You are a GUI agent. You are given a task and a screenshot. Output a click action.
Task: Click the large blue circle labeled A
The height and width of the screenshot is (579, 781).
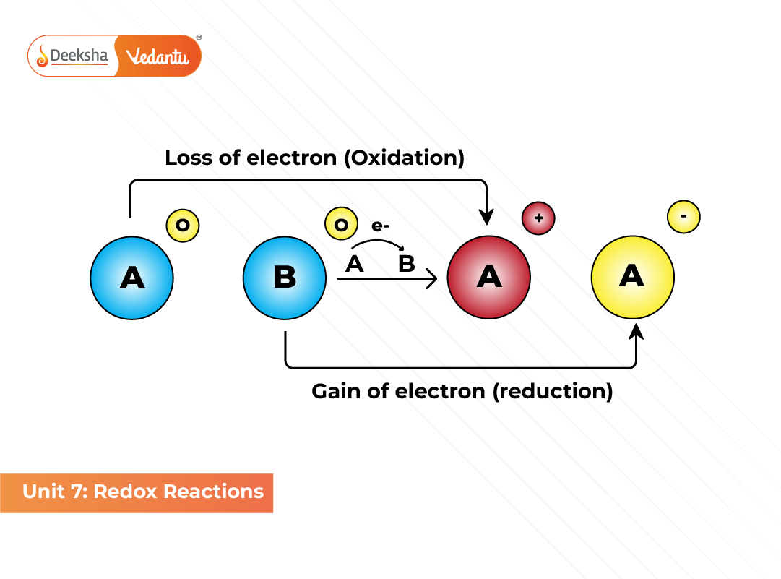pos(131,278)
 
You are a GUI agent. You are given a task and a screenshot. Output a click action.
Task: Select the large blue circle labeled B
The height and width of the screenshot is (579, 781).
pos(284,278)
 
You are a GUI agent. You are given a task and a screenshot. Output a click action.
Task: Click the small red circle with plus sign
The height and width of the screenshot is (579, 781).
pos(538,218)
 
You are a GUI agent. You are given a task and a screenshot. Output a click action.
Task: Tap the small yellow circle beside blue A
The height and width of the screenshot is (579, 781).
pos(183,226)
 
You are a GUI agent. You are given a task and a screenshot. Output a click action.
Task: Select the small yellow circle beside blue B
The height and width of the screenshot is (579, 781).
pos(341,226)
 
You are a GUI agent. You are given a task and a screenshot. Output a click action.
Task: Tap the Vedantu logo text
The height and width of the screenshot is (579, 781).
pos(157,56)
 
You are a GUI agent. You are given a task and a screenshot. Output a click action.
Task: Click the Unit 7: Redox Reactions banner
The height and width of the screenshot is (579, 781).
pos(137,492)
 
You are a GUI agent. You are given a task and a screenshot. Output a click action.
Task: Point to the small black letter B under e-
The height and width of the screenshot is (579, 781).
pos(407,264)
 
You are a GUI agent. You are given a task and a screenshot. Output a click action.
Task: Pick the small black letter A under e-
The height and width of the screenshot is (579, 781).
pos(354,264)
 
